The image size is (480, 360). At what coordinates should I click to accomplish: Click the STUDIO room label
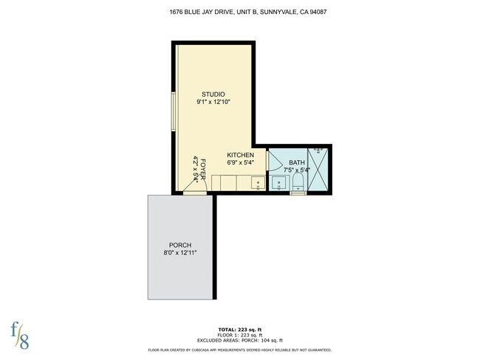pos(213,94)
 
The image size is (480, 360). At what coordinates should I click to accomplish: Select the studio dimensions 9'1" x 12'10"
pos(213,103)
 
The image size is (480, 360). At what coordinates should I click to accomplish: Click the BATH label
pos(296,162)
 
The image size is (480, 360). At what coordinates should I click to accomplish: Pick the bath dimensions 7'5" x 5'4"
pos(296,170)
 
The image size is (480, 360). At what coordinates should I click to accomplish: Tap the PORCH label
pos(180,245)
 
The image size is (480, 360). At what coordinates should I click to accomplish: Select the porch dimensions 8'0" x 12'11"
pos(180,253)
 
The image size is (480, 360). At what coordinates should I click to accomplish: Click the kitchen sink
pos(258,183)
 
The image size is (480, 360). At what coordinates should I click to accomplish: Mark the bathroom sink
pos(279,182)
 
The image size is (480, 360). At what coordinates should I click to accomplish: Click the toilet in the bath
pos(298,182)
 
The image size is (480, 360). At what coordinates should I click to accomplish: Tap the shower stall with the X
pos(319,170)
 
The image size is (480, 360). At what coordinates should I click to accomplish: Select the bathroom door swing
pos(275,160)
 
